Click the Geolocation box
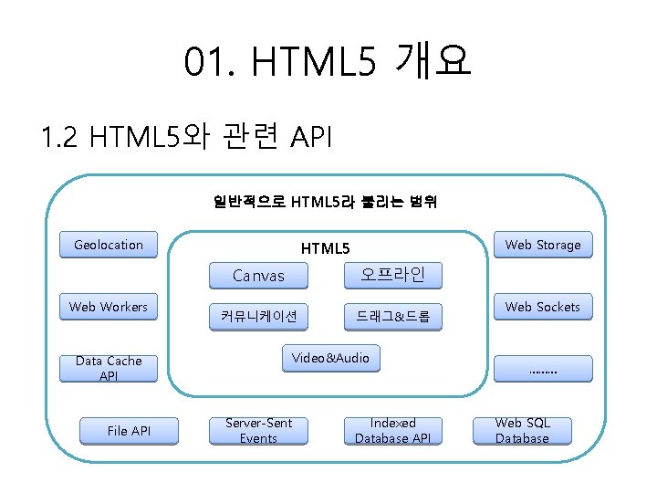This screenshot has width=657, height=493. [x=109, y=245]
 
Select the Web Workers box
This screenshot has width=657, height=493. [x=109, y=307]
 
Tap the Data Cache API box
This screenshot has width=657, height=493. [x=109, y=368]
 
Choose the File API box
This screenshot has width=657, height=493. [x=129, y=431]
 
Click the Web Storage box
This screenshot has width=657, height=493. [x=543, y=245]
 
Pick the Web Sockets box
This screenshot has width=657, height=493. [x=543, y=307]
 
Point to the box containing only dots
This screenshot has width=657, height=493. [x=543, y=369]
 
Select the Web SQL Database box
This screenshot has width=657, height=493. [x=522, y=431]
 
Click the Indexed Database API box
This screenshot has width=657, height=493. [x=392, y=431]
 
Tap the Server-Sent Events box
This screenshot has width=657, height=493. [x=258, y=431]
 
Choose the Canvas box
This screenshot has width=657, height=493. [x=258, y=275]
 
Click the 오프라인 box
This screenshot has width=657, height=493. [x=392, y=274]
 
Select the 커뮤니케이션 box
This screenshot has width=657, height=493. [x=258, y=317]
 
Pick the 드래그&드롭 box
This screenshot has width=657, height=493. [x=392, y=317]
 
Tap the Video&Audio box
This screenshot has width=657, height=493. [x=330, y=359]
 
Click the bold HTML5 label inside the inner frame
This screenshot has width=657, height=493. [x=325, y=248]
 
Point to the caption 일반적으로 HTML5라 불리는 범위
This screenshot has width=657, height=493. [x=325, y=202]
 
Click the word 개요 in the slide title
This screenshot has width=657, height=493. [x=433, y=63]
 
